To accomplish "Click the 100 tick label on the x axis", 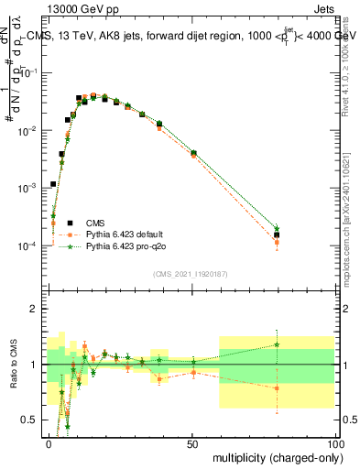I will tap(334, 443).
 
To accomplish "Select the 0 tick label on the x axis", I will tap(49, 443).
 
